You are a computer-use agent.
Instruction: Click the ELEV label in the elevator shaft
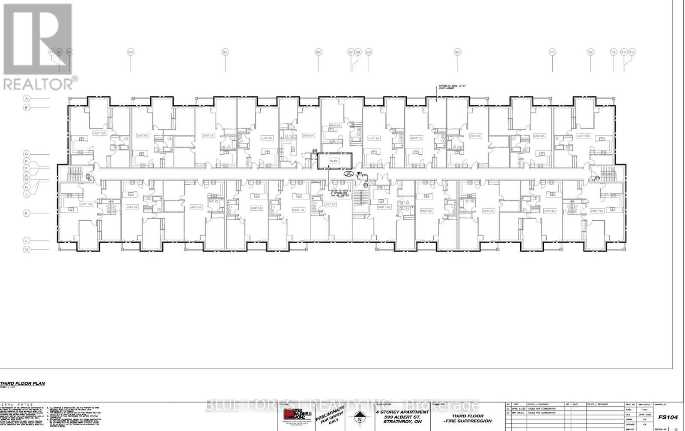click(334, 161)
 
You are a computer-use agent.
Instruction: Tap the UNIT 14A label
click(384, 207)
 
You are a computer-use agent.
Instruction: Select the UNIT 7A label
click(330, 204)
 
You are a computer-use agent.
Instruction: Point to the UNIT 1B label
click(298, 210)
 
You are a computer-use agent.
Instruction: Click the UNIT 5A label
click(308, 136)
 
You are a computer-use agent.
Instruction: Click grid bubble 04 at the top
click(131, 52)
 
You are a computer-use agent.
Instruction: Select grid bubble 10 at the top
click(457, 52)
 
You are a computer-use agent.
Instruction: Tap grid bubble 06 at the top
click(318, 52)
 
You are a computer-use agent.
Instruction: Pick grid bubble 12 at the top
click(590, 52)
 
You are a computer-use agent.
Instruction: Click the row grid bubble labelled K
click(26, 213)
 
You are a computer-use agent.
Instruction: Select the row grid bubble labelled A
click(26, 99)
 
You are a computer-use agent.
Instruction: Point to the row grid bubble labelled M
click(26, 249)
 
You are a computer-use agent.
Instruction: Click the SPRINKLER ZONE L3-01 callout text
click(451, 88)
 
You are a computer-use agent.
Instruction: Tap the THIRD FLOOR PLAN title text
click(22, 384)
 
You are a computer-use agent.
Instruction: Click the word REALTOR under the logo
click(38, 84)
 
